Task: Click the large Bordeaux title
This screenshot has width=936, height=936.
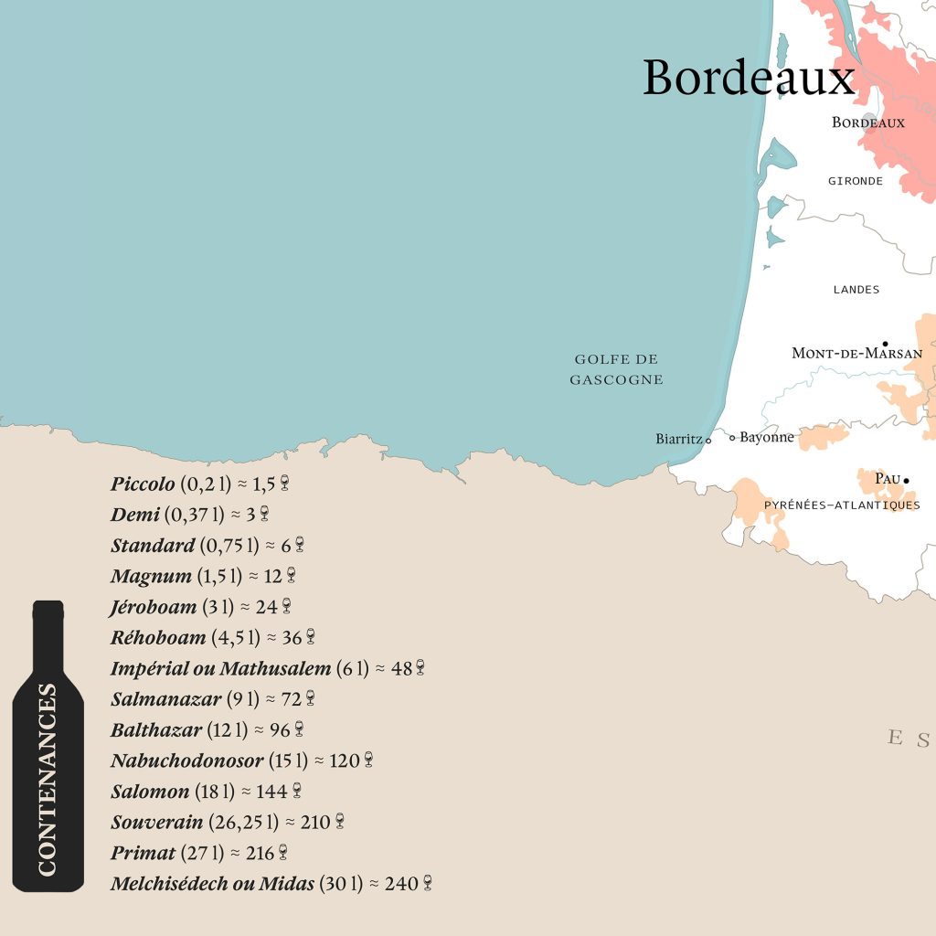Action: click(749, 79)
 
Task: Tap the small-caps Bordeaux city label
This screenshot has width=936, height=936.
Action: click(867, 122)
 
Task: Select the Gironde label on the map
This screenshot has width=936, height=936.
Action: click(856, 181)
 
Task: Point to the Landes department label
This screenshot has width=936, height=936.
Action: click(856, 290)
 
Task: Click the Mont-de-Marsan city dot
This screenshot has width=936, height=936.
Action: click(885, 344)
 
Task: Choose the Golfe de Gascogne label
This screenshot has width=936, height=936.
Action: click(616, 369)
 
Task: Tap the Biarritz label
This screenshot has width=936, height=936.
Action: click(679, 439)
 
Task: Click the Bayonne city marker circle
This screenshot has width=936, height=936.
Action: click(732, 438)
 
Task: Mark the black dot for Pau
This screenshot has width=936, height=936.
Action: click(906, 480)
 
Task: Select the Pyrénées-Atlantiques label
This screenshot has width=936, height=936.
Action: click(842, 505)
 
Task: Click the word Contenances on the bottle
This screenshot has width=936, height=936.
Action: click(48, 780)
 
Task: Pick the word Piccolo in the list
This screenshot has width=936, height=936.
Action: click(143, 484)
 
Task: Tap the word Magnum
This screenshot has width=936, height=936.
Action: click(151, 576)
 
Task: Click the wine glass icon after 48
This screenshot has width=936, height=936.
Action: click(420, 668)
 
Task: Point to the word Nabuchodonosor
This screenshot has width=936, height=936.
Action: click(186, 760)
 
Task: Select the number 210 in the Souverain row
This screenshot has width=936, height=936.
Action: click(314, 822)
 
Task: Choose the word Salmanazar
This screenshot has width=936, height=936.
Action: click(165, 699)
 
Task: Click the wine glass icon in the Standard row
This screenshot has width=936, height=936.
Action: click(299, 545)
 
